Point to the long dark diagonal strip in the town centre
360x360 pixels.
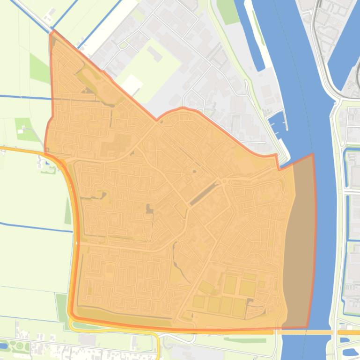pos(204,194)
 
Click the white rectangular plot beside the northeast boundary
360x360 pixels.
pos(132,83)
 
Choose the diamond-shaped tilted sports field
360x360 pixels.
pos(206,286)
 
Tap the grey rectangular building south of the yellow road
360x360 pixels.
pos(87,339)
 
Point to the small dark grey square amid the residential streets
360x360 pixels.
pos(149,209)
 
